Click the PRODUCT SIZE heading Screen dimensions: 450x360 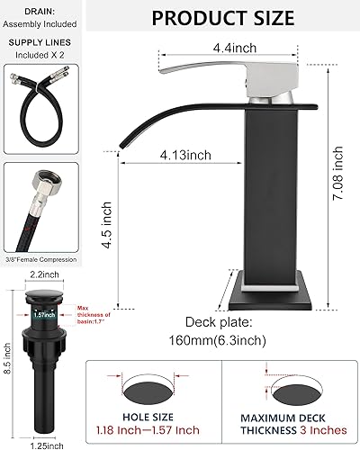[x=221, y=17]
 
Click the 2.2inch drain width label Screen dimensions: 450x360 [x=40, y=274]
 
